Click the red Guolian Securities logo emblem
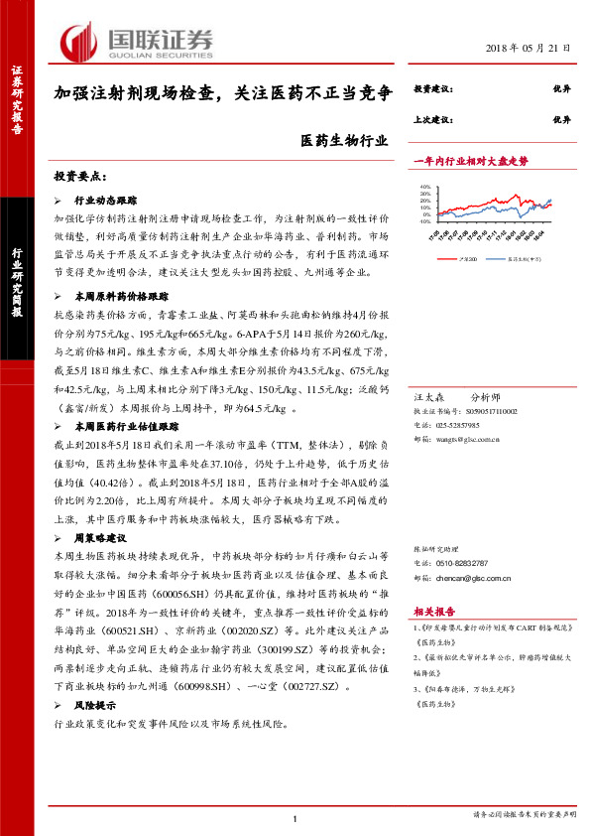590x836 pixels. (x=77, y=41)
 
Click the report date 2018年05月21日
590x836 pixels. (x=529, y=48)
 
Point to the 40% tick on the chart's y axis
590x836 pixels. (x=422, y=185)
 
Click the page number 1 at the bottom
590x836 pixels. (x=295, y=817)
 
